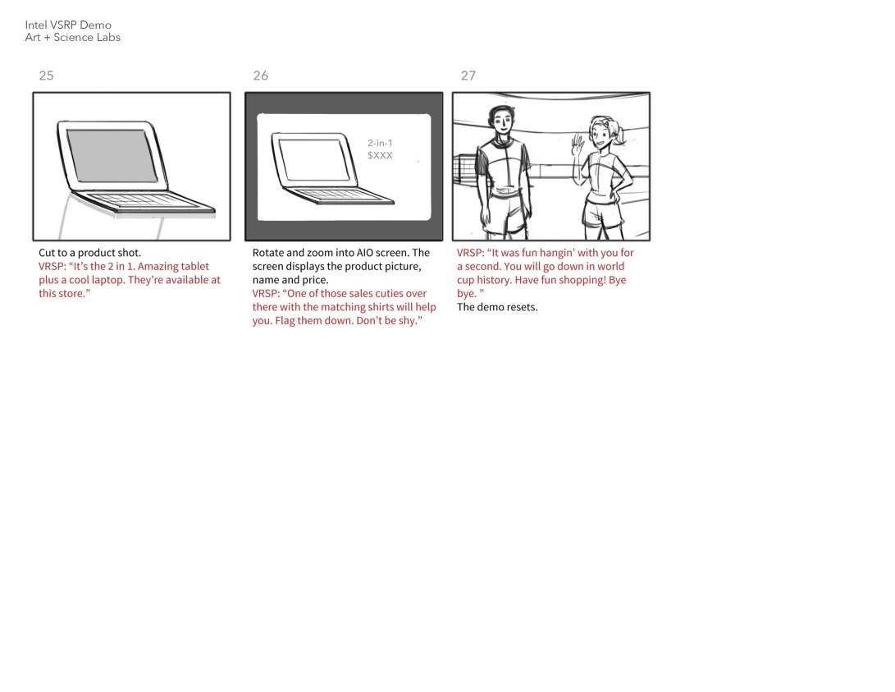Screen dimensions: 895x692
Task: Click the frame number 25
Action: point(46,76)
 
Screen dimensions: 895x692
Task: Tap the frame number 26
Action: point(260,76)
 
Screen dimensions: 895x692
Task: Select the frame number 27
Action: point(468,76)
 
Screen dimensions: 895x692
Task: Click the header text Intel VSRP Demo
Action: point(68,25)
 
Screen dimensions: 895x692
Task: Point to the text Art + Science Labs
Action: point(72,37)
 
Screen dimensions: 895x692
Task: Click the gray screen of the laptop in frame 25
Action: point(112,155)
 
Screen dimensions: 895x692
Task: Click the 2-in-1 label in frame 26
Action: point(380,143)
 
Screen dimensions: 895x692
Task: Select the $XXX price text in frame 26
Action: point(380,155)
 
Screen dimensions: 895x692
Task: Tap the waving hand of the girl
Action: point(579,144)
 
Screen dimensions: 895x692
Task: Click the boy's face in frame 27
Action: point(502,121)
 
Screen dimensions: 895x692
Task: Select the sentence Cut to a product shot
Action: point(89,252)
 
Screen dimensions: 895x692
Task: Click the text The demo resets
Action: point(497,307)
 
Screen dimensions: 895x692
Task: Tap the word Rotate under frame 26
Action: point(267,252)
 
